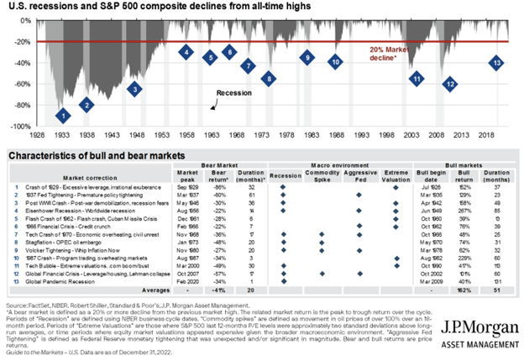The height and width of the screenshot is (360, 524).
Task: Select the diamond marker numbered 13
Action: (x=497, y=63)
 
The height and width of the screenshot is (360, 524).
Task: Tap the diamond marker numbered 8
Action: (x=268, y=79)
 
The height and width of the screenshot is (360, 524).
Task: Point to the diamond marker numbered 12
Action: (x=450, y=84)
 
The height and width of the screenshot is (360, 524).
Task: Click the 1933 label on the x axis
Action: (x=61, y=134)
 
